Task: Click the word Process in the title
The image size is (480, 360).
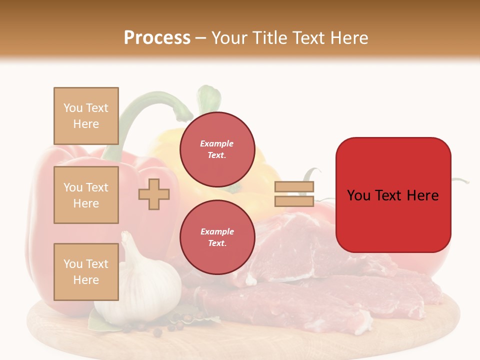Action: (157, 38)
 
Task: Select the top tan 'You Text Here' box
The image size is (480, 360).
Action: (86, 116)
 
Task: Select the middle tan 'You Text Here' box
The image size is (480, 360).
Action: (86, 195)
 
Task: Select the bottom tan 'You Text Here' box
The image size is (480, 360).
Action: (86, 271)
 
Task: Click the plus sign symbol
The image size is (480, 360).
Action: (154, 194)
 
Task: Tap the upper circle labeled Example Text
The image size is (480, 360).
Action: (217, 149)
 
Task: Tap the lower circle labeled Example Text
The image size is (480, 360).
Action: (217, 237)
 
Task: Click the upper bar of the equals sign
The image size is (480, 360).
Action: (294, 187)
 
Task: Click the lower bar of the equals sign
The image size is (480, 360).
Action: (294, 201)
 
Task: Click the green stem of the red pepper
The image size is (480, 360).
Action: (145, 107)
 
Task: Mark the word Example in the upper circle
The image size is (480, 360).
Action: (217, 143)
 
